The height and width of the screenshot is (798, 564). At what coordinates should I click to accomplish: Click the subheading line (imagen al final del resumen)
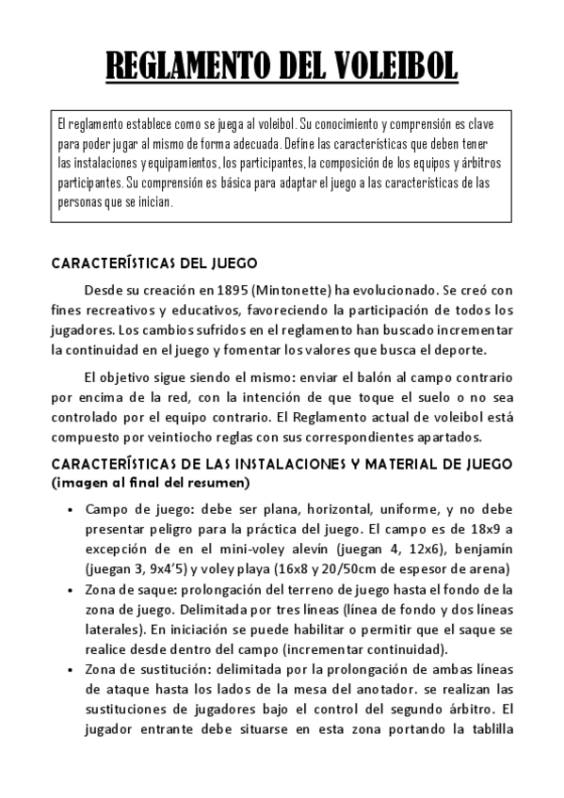pos(151,483)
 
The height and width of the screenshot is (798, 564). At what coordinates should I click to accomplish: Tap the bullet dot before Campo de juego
pos(72,509)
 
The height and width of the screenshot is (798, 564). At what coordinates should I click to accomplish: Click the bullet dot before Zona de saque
pos(72,589)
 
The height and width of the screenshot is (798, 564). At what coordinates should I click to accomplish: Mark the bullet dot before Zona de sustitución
pos(72,669)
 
